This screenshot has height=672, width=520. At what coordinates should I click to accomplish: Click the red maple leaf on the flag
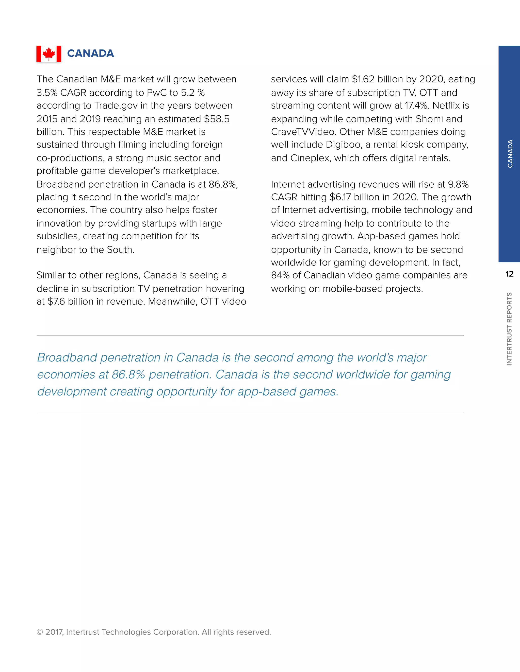(x=49, y=54)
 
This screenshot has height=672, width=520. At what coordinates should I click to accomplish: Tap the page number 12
(x=509, y=274)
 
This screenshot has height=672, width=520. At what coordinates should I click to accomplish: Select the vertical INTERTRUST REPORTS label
(x=509, y=329)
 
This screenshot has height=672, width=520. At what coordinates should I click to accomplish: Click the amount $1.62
(x=363, y=79)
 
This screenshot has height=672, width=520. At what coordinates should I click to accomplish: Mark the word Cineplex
(x=310, y=158)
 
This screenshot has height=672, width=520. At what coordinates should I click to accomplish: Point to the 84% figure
(x=280, y=275)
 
